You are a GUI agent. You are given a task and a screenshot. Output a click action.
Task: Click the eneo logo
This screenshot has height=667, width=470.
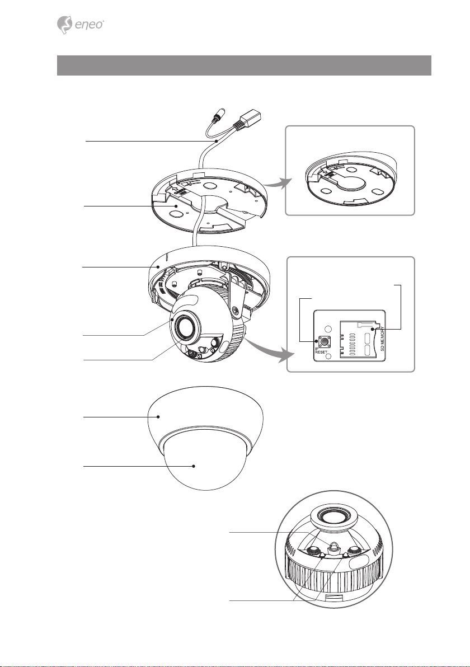point(80,25)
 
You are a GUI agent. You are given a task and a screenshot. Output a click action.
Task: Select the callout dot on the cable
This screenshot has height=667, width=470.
point(217,140)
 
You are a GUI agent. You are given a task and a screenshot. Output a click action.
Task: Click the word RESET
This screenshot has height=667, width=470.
point(321,352)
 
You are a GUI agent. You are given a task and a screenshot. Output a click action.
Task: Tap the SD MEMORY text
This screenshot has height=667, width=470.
point(382,339)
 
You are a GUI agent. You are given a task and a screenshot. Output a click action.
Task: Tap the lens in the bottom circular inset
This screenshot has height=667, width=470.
point(334,518)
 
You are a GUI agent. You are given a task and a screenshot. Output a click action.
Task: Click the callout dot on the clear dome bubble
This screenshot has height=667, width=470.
point(194,466)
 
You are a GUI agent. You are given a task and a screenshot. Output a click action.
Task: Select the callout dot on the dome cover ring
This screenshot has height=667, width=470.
point(158,417)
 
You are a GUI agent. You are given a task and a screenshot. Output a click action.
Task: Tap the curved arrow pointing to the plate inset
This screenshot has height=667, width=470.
point(277,183)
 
